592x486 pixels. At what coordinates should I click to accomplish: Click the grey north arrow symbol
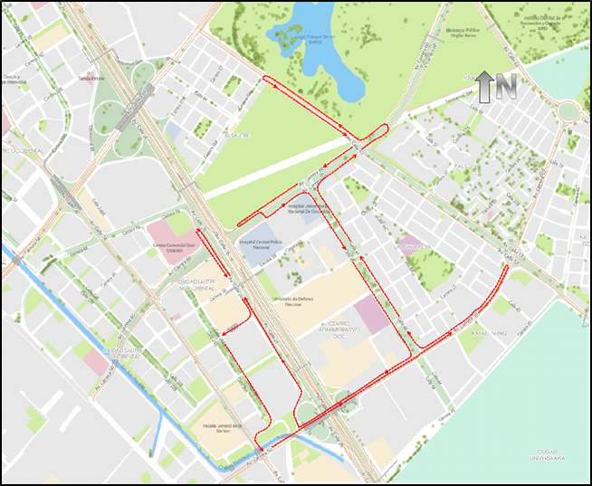click(x=484, y=86)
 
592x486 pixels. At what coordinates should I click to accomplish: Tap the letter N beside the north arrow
click(x=505, y=86)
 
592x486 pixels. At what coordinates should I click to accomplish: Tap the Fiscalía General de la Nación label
click(x=223, y=427)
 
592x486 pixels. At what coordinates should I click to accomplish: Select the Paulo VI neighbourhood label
click(x=463, y=166)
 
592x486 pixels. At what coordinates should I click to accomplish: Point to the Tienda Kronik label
click(x=93, y=79)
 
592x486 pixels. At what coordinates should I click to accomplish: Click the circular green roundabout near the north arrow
click(x=568, y=111)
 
